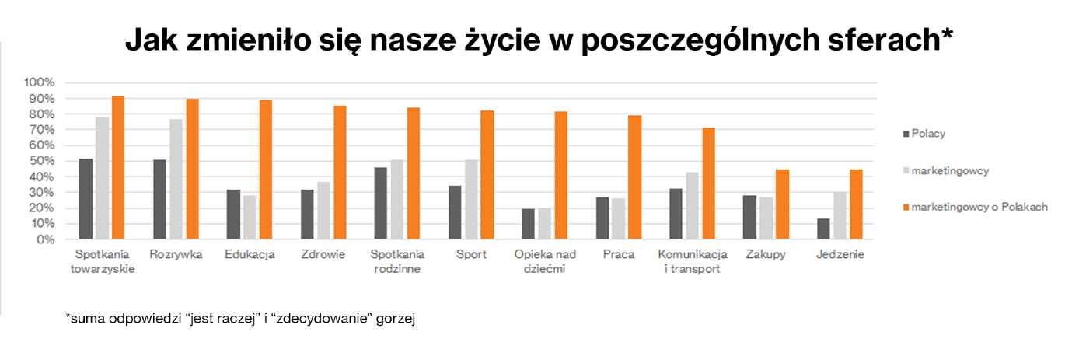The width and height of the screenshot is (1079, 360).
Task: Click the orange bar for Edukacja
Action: (266, 170)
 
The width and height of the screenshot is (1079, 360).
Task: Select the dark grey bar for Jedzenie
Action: (823, 229)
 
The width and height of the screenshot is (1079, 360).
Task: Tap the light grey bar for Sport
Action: (471, 200)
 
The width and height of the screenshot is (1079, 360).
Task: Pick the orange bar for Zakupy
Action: (782, 204)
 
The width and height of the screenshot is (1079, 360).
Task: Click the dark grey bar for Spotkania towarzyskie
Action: (86, 199)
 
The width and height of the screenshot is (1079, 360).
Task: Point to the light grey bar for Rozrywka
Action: (176, 180)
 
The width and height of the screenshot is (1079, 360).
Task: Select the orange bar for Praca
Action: (635, 177)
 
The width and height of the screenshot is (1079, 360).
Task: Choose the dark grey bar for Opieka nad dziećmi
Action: (529, 224)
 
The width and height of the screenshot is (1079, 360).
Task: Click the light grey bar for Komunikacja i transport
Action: (692, 206)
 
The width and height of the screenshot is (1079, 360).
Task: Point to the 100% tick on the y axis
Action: (40, 82)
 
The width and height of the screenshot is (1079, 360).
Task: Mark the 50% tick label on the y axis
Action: (42, 161)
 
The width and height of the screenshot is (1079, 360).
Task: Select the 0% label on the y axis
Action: (45, 239)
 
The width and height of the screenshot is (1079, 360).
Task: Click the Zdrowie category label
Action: (323, 255)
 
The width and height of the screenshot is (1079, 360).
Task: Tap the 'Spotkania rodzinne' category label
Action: (397, 262)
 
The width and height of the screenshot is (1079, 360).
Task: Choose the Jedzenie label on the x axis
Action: (840, 255)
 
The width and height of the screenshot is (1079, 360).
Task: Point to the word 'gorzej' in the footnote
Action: (398, 319)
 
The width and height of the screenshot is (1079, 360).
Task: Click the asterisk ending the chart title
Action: (946, 35)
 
